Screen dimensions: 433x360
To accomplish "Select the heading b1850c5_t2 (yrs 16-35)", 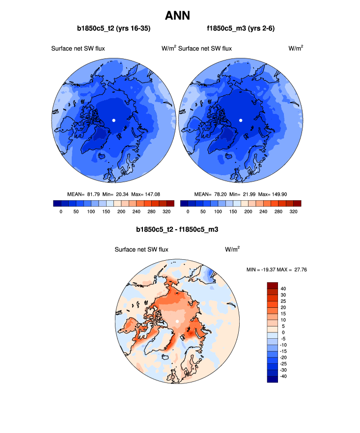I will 113,29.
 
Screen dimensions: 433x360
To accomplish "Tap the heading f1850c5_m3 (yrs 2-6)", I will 241,29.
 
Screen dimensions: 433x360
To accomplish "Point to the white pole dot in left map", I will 114,120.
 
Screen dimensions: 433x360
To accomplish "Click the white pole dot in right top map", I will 241,120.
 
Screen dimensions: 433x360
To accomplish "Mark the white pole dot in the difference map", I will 177,322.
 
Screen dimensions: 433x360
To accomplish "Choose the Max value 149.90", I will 284,194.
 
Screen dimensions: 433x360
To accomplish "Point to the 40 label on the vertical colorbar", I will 283,289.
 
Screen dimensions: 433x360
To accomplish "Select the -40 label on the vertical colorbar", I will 284,376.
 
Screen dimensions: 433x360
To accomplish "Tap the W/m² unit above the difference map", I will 232,249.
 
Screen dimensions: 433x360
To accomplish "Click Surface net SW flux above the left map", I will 78,48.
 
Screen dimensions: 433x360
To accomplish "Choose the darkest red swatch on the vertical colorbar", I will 273,285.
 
